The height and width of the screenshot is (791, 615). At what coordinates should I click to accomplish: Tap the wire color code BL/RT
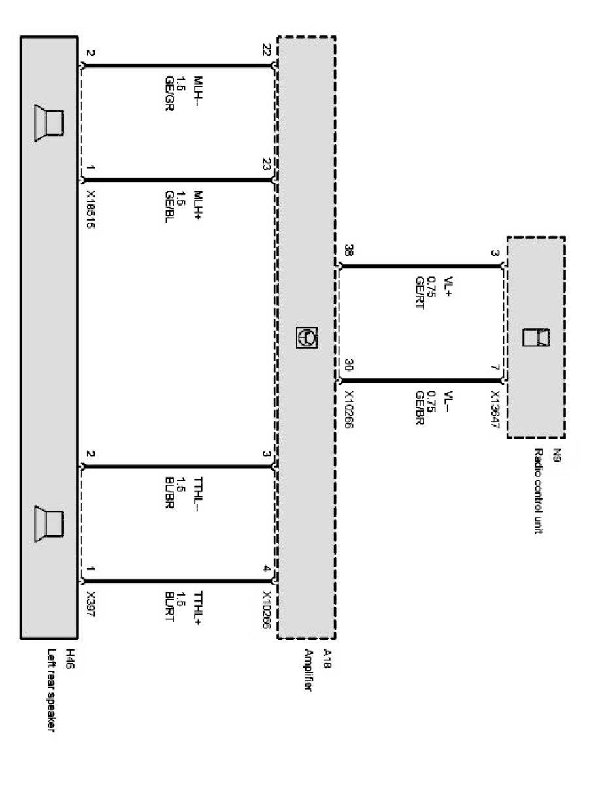(169, 605)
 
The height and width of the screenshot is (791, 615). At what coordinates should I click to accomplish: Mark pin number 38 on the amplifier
(348, 251)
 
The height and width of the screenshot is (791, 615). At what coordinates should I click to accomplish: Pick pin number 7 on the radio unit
(495, 369)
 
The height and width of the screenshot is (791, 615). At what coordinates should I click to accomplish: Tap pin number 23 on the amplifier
(266, 165)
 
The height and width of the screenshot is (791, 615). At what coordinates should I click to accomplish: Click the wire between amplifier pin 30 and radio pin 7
(419, 380)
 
